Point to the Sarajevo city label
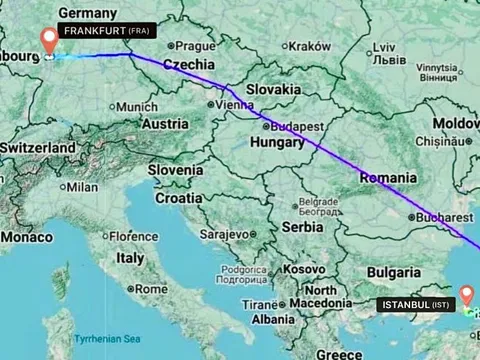tap(227, 232)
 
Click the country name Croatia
tap(178, 198)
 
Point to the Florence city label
tap(133, 236)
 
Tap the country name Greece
tap(338, 353)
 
